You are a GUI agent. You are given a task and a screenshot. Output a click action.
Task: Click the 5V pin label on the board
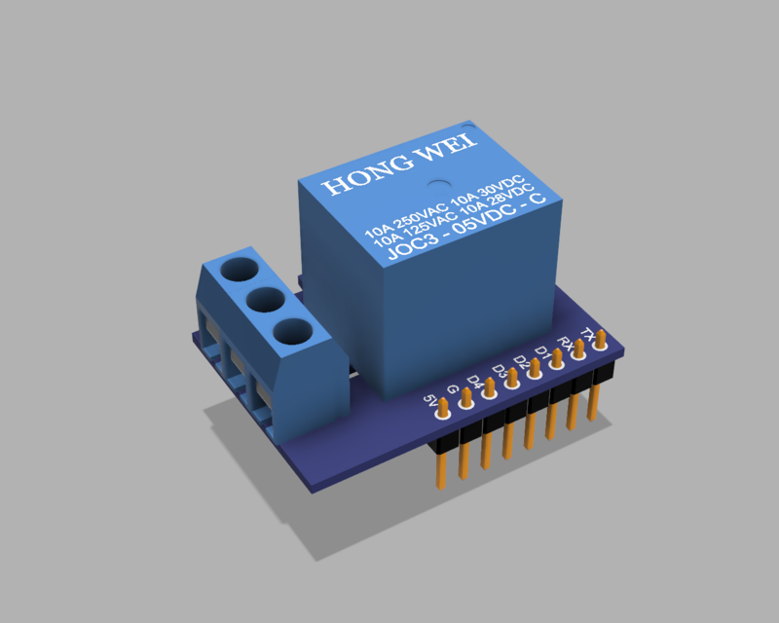point(430,400)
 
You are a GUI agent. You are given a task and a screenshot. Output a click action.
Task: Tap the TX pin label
point(587,333)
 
